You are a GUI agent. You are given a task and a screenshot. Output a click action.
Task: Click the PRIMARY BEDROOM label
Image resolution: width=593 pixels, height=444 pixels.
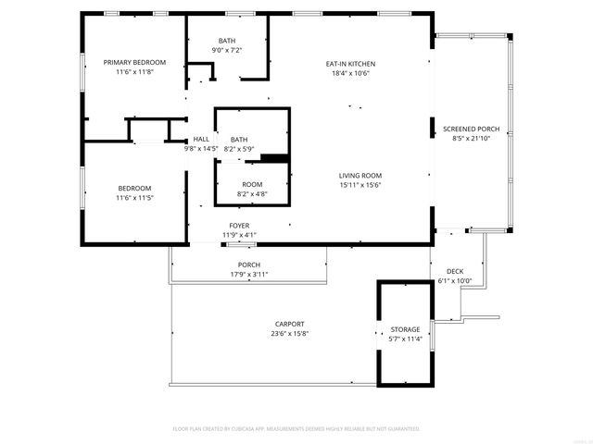coord(134,62)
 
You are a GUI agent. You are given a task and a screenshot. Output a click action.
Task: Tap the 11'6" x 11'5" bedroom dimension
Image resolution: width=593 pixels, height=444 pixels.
coord(134,197)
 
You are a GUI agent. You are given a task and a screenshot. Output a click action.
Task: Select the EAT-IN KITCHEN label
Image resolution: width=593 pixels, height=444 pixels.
coord(350,64)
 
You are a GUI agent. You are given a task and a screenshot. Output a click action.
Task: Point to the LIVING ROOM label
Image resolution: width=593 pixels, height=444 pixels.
coord(360,176)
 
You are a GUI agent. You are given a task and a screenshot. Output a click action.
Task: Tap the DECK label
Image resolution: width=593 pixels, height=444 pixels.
coord(455,271)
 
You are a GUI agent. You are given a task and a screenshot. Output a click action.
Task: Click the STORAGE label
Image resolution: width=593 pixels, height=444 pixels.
coord(405,329)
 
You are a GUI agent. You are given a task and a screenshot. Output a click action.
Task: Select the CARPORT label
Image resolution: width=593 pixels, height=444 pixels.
coord(289,324)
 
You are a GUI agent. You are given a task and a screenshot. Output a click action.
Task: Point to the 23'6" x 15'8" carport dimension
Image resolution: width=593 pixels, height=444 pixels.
coord(289,334)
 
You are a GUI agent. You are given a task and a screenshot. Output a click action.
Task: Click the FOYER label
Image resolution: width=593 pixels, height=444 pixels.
coord(239,226)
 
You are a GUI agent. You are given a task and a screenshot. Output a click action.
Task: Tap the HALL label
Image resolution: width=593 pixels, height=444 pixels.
coord(201,139)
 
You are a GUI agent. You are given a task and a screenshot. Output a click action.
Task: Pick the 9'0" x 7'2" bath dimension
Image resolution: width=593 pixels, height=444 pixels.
coord(227,51)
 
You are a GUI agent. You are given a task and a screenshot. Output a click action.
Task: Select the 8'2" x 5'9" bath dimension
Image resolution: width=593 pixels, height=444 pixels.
coord(239,149)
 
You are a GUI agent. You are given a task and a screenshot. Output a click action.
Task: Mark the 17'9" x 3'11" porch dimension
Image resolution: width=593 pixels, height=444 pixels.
coord(248,275)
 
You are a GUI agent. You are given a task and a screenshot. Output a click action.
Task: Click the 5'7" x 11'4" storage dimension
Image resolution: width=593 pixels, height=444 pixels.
coord(405,339)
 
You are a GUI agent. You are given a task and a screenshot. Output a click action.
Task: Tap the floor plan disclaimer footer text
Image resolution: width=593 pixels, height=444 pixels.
coord(296,429)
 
